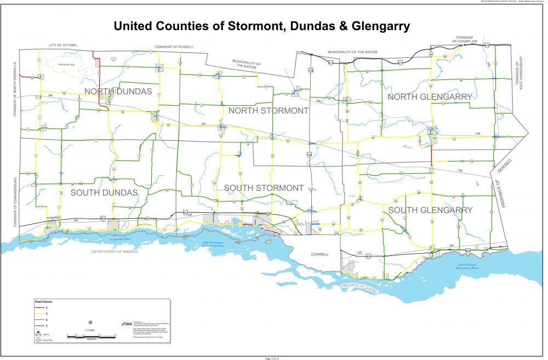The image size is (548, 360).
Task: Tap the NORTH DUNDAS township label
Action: pyautogui.click(x=118, y=91)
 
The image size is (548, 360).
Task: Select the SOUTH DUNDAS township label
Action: pyautogui.click(x=104, y=192)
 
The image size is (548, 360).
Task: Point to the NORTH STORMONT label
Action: pyautogui.click(x=269, y=111)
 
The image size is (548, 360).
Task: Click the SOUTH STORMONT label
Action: pyautogui.click(x=264, y=188)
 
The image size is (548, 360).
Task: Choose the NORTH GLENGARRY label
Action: pyautogui.click(x=430, y=96)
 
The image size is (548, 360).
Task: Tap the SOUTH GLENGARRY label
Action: pyautogui.click(x=430, y=210)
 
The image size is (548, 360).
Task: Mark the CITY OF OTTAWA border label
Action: pyautogui.click(x=62, y=44)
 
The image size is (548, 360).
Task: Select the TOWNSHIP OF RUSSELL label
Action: pyautogui.click(x=174, y=47)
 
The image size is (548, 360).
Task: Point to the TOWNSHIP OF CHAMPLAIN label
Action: pyautogui.click(x=466, y=39)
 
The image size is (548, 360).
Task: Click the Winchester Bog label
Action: pyautogui.click(x=69, y=65)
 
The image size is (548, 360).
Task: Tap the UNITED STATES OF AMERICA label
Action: pyautogui.click(x=115, y=251)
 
